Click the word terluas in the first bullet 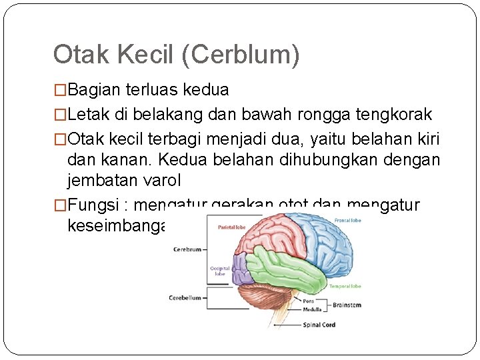(159, 89)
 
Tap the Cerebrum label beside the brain (187, 249)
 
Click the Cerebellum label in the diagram (185, 298)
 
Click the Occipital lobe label (220, 271)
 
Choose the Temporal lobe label (345, 286)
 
